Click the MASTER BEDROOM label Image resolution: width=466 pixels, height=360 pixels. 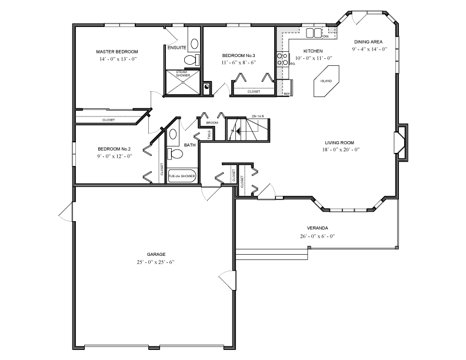click(117, 52)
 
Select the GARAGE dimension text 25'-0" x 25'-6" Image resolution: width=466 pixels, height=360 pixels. click(156, 261)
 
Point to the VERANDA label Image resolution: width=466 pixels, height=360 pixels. click(317, 228)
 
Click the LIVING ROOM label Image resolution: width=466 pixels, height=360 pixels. click(339, 142)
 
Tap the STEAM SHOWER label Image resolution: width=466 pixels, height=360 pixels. click(182, 74)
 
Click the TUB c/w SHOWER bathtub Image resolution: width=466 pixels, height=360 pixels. click(182, 176)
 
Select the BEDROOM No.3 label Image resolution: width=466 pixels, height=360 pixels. click(238, 54)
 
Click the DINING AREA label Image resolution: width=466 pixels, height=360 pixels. click(369, 42)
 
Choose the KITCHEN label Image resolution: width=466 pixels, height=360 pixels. click(314, 51)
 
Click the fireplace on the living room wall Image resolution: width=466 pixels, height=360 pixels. click(400, 142)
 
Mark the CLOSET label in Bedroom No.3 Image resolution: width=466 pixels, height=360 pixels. click(254, 92)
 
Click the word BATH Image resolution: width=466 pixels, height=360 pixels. click(190, 145)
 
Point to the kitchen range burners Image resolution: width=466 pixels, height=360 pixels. click(282, 59)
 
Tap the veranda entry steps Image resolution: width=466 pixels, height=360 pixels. click(272, 254)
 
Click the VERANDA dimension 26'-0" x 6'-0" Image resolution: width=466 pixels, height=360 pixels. click(317, 236)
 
